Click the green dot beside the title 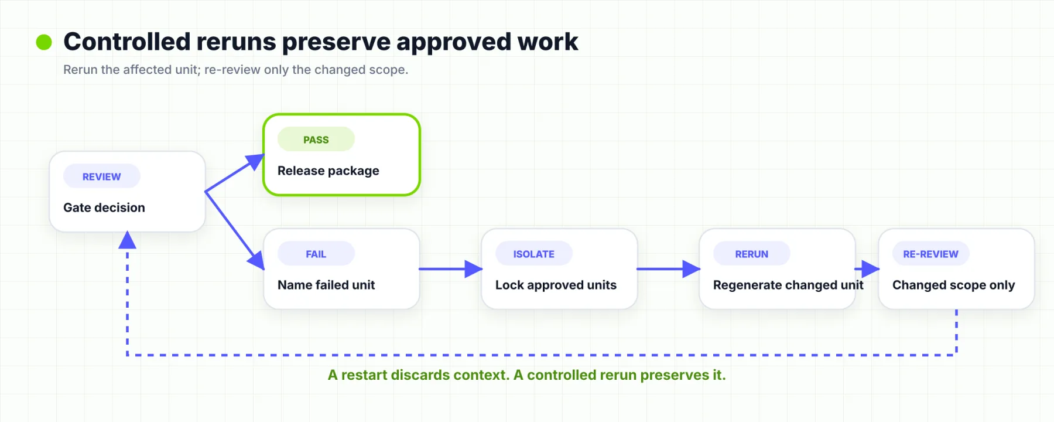(x=44, y=42)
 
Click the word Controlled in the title (x=127, y=42)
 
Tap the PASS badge (x=316, y=139)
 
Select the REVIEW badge (x=102, y=176)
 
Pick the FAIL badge (x=316, y=254)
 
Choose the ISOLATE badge (x=534, y=254)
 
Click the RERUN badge (x=752, y=254)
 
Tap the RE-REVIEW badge (x=931, y=254)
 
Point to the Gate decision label (x=104, y=207)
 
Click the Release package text (x=328, y=171)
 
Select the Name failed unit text (x=326, y=285)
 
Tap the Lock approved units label (x=556, y=285)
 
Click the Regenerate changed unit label (x=788, y=285)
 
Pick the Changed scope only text (x=954, y=285)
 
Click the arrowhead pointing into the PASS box (x=255, y=161)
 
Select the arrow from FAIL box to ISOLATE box (x=451, y=269)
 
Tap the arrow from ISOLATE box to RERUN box (x=669, y=269)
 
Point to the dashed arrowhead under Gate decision (x=127, y=240)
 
